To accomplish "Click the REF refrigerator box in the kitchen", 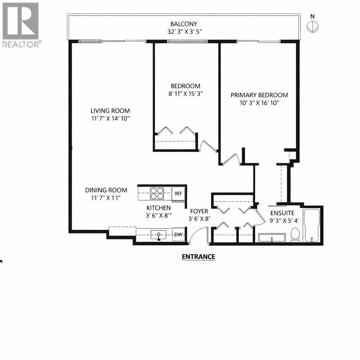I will click(178, 193).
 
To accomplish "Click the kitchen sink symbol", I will click(159, 235).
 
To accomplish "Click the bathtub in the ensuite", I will click(311, 225).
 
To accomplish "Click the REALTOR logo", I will click(21, 25).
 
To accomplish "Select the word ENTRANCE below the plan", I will click(198, 257).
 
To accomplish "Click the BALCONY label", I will click(184, 24).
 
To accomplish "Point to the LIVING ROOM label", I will click(110, 110).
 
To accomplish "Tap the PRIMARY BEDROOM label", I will click(259, 95).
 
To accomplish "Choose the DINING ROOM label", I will click(106, 190).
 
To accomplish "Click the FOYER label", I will click(199, 211).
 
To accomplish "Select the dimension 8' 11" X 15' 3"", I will click(186, 94).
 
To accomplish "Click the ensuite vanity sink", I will click(272, 238).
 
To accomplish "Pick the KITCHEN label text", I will click(159, 208).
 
